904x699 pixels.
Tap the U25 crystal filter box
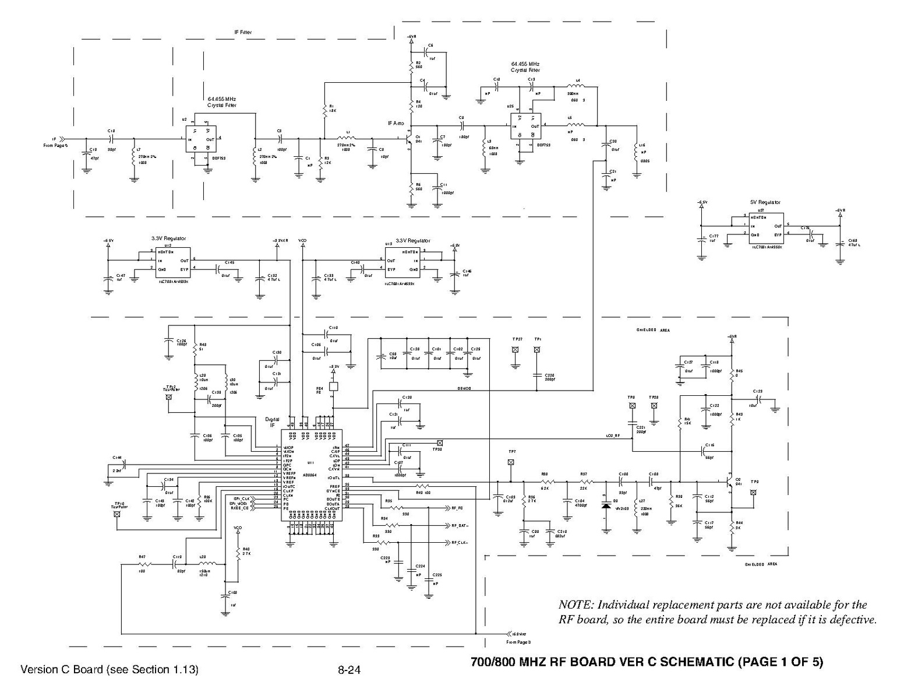coord(525,126)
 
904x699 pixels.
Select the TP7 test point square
coord(511,462)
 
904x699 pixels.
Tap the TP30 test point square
coord(439,443)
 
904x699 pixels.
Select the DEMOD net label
coord(463,389)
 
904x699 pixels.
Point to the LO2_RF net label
coord(612,435)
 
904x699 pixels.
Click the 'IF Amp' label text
coord(395,123)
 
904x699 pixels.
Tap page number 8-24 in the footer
coord(349,670)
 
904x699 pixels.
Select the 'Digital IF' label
coord(272,422)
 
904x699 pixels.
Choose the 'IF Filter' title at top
coord(242,33)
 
